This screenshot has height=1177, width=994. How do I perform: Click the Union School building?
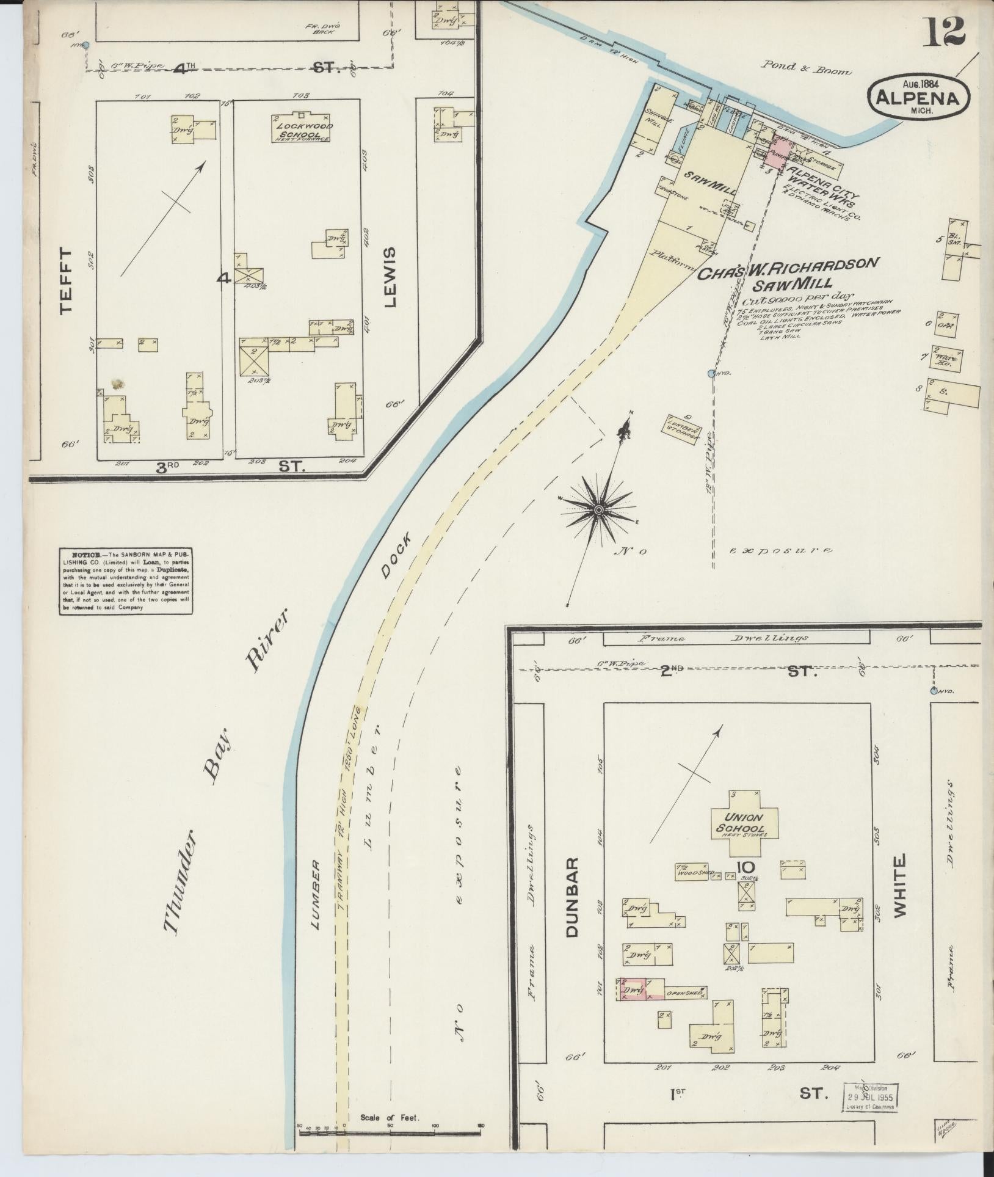click(x=744, y=825)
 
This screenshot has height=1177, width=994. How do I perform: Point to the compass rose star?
click(x=599, y=509)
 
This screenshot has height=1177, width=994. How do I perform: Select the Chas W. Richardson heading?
click(x=789, y=268)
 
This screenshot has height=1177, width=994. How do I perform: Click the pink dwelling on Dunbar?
click(x=633, y=988)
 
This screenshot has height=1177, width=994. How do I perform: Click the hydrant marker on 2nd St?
click(x=934, y=691)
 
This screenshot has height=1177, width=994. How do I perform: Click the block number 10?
click(x=745, y=867)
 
